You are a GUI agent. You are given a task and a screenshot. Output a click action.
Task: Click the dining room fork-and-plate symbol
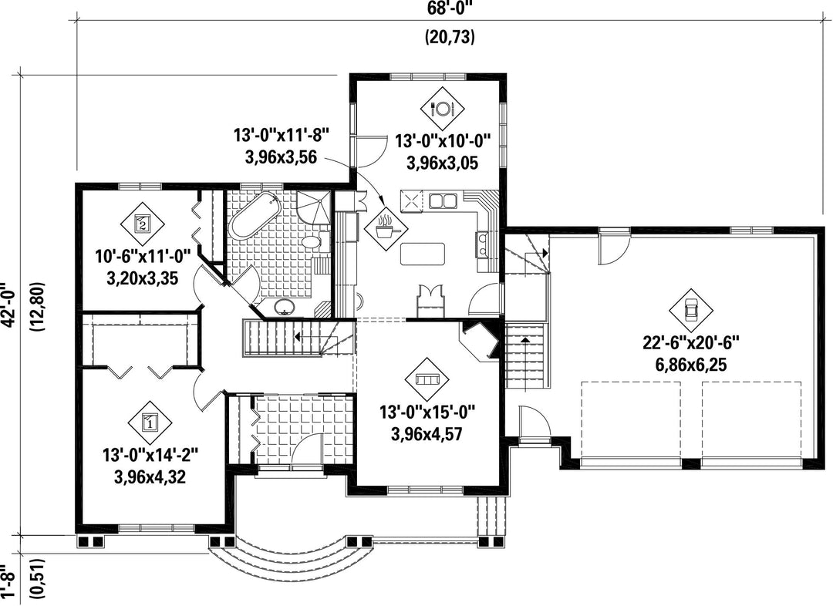tap(442, 109)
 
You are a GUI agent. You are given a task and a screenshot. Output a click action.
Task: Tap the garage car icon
tap(690, 310)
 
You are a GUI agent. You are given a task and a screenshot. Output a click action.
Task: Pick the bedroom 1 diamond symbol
tap(150, 423)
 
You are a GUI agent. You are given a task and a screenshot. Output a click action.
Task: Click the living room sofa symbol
tap(426, 380)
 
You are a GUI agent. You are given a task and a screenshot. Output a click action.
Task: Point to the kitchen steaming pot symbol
tap(386, 230)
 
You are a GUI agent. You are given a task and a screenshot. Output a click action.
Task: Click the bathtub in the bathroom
tap(255, 216)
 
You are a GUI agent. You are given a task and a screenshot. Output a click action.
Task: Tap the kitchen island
tap(423, 254)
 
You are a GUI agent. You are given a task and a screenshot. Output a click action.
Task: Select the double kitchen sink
tap(443, 200)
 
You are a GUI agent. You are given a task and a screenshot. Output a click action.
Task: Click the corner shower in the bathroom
tap(313, 208)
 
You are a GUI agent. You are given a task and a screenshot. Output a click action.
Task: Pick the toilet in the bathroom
tap(313, 241)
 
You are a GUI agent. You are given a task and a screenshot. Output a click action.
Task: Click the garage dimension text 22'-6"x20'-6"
tap(691, 343)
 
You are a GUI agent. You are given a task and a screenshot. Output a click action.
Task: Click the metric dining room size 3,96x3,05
tap(442, 163)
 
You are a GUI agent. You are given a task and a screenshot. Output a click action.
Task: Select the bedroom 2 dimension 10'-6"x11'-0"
tap(143, 257)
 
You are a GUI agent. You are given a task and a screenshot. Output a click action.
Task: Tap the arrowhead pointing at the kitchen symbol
tap(383, 200)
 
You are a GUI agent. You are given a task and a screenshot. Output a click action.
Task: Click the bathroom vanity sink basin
tap(286, 305)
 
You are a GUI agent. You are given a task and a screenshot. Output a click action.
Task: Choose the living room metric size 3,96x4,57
tap(426, 434)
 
